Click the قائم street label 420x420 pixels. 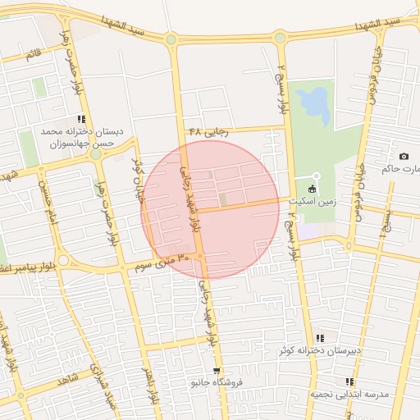pyautogui.click(x=34, y=54)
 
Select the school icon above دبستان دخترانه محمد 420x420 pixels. pyautogui.click(x=81, y=119)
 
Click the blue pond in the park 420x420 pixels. pyautogui.click(x=313, y=103)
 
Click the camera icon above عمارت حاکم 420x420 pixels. pyautogui.click(x=404, y=156)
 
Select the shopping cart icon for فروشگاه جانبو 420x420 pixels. pyautogui.click(x=216, y=372)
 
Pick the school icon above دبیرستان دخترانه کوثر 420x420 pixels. pyautogui.click(x=320, y=338)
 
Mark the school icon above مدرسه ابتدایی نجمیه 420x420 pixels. pyautogui.click(x=350, y=381)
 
